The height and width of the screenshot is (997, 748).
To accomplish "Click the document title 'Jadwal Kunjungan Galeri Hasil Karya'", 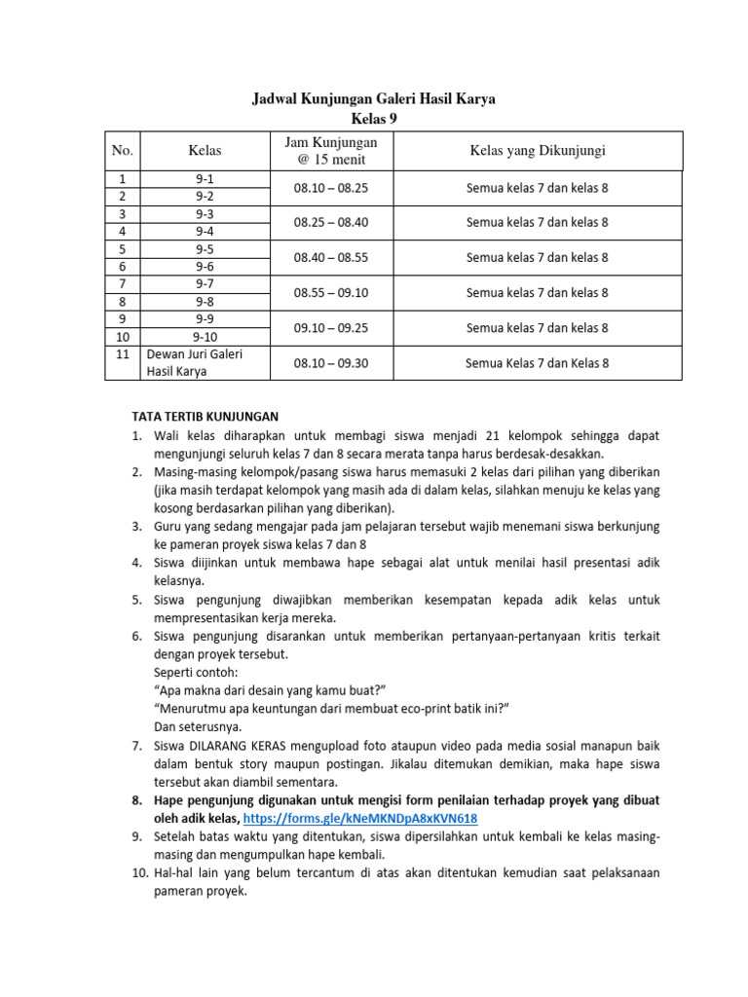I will pyautogui.click(x=374, y=98).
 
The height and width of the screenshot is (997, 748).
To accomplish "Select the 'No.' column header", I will pyautogui.click(x=122, y=150).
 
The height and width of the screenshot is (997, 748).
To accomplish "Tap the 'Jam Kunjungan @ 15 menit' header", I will pyautogui.click(x=331, y=150).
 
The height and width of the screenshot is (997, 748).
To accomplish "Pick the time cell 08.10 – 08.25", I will pyautogui.click(x=331, y=187).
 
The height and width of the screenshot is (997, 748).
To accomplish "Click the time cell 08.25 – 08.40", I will pyautogui.click(x=331, y=222).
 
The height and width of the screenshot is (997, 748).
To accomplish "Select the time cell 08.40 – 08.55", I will pyautogui.click(x=331, y=257).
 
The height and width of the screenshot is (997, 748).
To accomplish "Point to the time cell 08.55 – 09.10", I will pyautogui.click(x=331, y=292).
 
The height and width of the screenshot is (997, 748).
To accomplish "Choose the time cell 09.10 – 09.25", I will pyautogui.click(x=331, y=327).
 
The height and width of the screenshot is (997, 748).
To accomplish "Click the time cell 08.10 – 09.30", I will pyautogui.click(x=331, y=363).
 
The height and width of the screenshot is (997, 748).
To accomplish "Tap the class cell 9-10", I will pyautogui.click(x=206, y=336).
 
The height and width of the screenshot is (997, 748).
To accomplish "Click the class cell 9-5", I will pyautogui.click(x=206, y=248).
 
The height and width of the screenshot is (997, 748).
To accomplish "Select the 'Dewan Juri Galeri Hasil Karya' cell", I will pyautogui.click(x=194, y=362).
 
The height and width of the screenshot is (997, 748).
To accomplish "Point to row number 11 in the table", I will pyautogui.click(x=122, y=354).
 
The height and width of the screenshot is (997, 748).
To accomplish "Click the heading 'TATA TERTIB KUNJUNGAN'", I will pyautogui.click(x=205, y=416).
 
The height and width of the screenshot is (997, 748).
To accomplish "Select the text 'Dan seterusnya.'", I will pyautogui.click(x=198, y=726).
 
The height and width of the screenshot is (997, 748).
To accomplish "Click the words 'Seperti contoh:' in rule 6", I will pyautogui.click(x=195, y=672).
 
